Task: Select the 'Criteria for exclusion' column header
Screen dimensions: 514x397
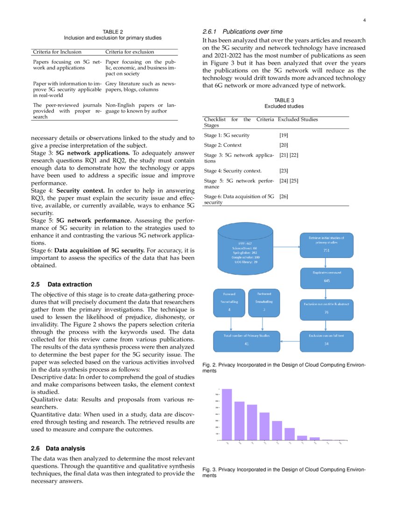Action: (129, 52)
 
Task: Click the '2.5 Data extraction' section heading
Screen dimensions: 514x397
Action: (61, 284)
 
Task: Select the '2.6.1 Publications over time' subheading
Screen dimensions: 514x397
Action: (242, 32)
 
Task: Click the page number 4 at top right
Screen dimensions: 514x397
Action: (364, 20)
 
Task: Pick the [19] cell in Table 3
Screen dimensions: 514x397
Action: (283, 135)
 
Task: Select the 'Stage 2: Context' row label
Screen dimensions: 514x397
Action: (223, 145)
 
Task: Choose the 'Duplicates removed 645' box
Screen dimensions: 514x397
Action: (326, 277)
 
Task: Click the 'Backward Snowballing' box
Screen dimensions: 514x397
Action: (264, 302)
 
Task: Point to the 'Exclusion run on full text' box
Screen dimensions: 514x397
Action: (326, 340)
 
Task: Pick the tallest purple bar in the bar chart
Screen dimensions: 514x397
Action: (227, 414)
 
